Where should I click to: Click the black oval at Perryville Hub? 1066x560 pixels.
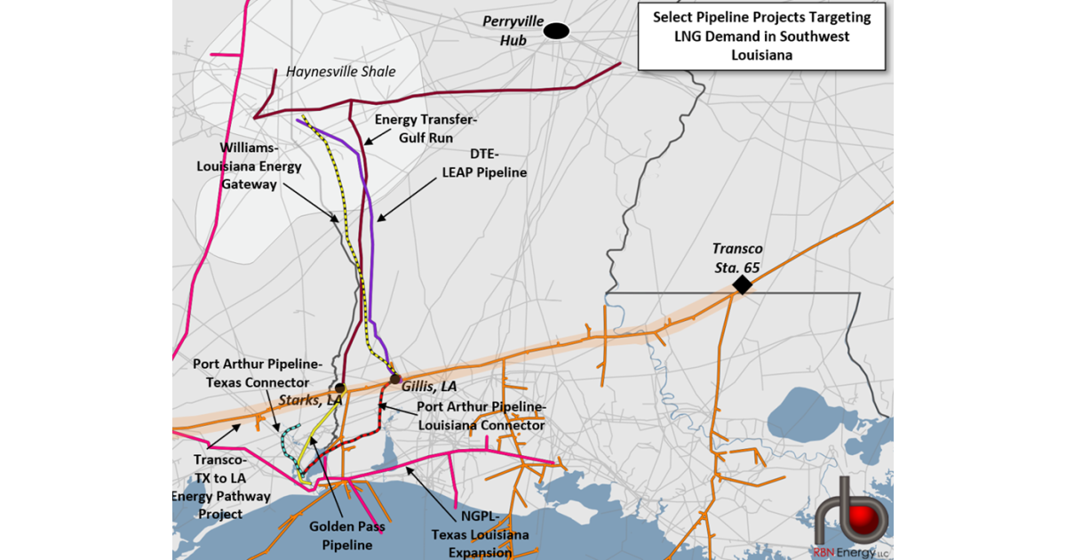(557, 31)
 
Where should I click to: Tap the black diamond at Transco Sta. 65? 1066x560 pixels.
(741, 284)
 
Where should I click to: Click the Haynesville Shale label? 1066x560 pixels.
(340, 71)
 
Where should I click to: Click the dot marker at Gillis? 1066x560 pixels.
(395, 379)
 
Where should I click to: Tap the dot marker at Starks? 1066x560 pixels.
(339, 389)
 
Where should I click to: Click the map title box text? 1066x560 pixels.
(761, 36)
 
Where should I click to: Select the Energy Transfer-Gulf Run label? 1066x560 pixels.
(413, 129)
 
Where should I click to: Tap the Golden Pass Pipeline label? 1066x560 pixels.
(340, 535)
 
